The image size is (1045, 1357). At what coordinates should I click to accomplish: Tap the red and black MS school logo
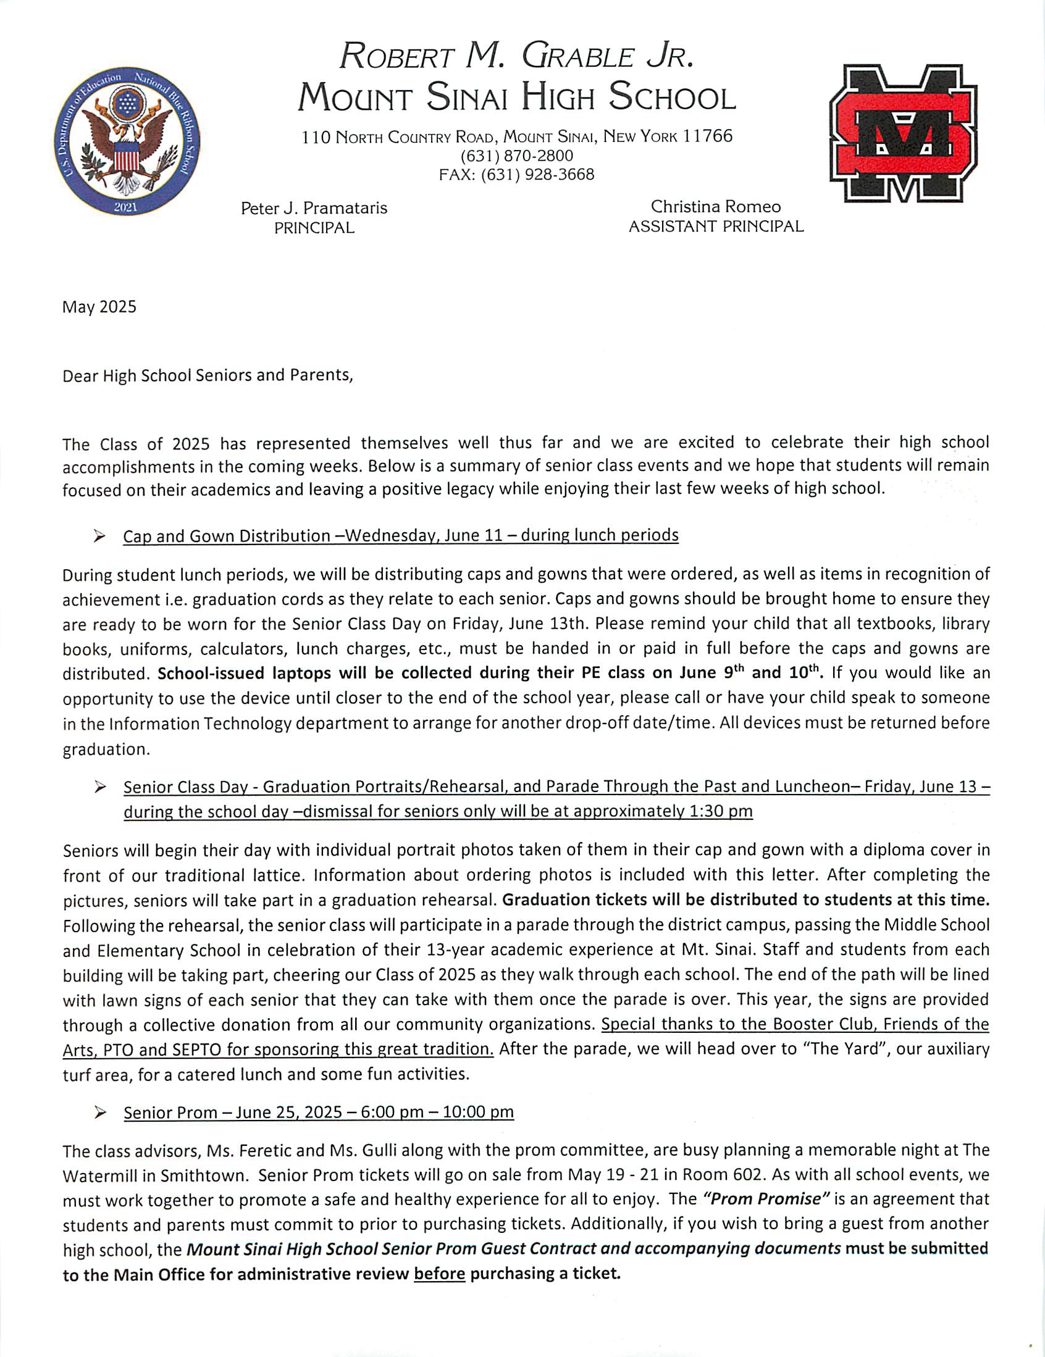[904, 133]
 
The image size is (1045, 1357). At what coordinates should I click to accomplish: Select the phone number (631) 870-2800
[516, 156]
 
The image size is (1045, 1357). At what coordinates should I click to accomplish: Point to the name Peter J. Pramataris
[314, 208]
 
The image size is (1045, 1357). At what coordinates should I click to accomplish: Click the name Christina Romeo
[716, 206]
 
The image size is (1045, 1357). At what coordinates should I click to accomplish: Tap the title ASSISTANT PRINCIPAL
[716, 227]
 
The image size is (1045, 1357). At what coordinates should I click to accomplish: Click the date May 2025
[99, 307]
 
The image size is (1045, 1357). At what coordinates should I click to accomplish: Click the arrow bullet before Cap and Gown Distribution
[99, 537]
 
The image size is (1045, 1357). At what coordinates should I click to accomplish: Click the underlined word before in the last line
[440, 1274]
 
